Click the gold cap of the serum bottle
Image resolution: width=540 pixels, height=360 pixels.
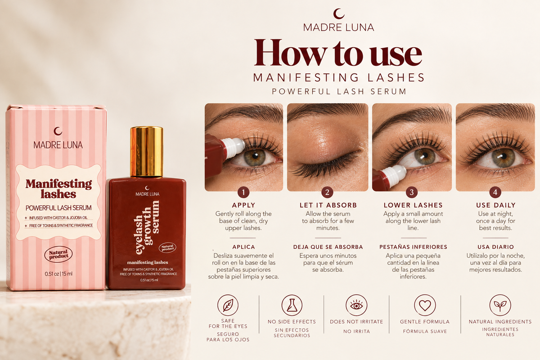pos(147,152)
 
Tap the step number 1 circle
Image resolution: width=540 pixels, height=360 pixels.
pos(243,192)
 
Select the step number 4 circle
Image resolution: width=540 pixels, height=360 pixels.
pos(495,192)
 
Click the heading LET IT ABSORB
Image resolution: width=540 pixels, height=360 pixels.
pos(328,205)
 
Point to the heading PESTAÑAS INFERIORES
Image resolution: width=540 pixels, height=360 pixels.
pos(413,247)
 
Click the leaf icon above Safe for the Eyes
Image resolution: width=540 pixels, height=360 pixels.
pos(228,305)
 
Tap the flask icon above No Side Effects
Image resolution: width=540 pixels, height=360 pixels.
pos(292,305)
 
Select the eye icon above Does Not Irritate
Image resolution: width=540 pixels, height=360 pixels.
pos(356,305)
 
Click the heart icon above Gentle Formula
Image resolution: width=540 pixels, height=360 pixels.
pos(425,305)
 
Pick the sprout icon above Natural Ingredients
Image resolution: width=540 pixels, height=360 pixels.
pos(500,305)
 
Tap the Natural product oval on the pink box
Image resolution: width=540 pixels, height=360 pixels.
pos(58,254)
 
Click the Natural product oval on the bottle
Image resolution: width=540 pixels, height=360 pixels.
pos(167,248)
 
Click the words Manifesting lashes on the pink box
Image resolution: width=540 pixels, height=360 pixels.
pos(58,189)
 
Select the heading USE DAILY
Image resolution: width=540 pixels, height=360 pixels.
pos(495,205)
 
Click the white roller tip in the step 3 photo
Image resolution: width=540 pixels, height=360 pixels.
pos(396,174)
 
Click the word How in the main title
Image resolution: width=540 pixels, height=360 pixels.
pos(290,53)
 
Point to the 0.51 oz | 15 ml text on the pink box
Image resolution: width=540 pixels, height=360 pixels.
pos(58,274)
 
